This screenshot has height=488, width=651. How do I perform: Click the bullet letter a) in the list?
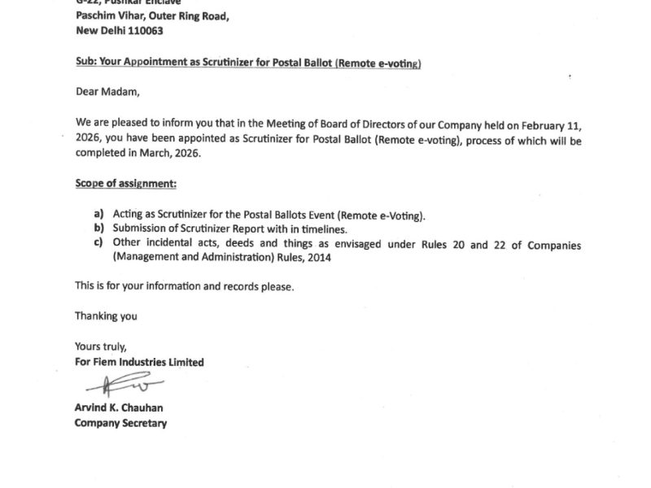click(x=98, y=216)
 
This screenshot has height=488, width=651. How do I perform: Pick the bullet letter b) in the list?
click(x=98, y=229)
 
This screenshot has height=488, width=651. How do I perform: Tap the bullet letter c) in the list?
click(x=98, y=242)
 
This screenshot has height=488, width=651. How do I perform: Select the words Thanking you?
click(x=106, y=316)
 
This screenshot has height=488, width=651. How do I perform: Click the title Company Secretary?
click(x=120, y=423)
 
